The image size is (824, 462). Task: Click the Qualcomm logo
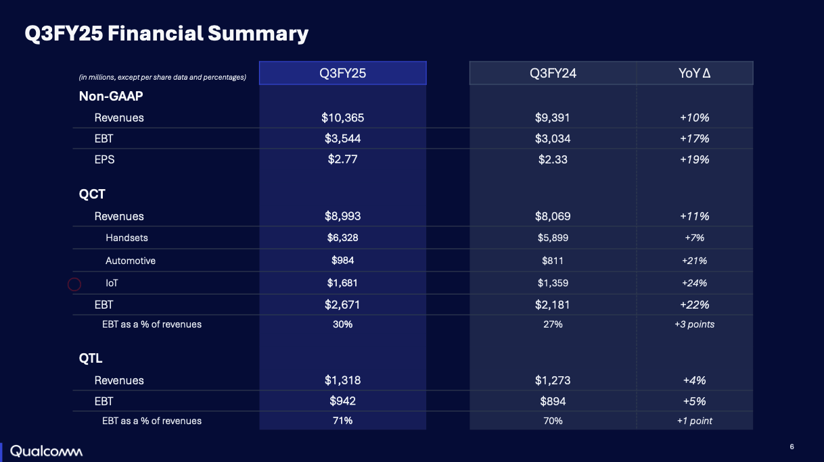pyautogui.click(x=46, y=451)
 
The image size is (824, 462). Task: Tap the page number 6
pyautogui.click(x=792, y=446)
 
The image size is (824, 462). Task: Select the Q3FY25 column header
pyautogui.click(x=342, y=73)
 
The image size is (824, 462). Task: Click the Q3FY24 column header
pyautogui.click(x=553, y=73)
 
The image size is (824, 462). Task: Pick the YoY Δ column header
pyautogui.click(x=694, y=73)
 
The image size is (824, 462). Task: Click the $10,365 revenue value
pyautogui.click(x=342, y=118)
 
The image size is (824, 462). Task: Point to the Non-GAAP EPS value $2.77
pyautogui.click(x=342, y=159)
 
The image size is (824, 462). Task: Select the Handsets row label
pyautogui.click(x=127, y=238)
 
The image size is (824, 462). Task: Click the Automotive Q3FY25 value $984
pyautogui.click(x=342, y=261)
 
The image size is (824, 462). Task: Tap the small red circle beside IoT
pyautogui.click(x=74, y=284)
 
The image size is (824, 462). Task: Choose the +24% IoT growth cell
pyautogui.click(x=694, y=283)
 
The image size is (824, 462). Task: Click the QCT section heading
pyautogui.click(x=92, y=194)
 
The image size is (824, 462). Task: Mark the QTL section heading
pyautogui.click(x=91, y=358)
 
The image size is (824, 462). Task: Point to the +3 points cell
pyautogui.click(x=694, y=324)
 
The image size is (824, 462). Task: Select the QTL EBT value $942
pyautogui.click(x=342, y=401)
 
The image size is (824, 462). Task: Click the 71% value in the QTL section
pyautogui.click(x=342, y=421)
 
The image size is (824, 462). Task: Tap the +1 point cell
pyautogui.click(x=694, y=421)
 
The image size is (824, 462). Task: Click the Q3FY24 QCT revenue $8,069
pyautogui.click(x=553, y=216)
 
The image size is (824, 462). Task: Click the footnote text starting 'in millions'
pyautogui.click(x=162, y=78)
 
